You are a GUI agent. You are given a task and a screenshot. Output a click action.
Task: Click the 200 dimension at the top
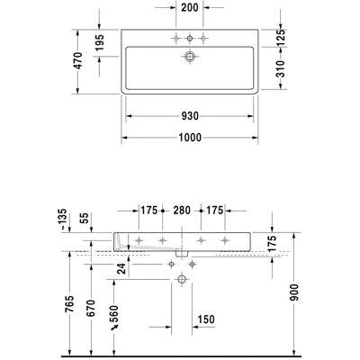190,7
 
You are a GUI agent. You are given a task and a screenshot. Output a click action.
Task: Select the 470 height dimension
78,61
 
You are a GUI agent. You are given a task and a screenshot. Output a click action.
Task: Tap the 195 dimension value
100,42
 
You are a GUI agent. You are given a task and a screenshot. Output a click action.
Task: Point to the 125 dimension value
280,38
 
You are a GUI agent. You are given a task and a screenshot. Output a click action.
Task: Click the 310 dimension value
280,68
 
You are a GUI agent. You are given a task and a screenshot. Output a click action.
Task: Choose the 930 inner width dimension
190,116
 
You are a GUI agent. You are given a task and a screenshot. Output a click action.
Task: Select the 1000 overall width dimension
190,138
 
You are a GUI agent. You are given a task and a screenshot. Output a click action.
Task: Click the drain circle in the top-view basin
190,57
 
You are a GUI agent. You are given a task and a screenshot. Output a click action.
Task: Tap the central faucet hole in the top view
190,39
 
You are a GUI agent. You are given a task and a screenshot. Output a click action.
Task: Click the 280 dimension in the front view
182,211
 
